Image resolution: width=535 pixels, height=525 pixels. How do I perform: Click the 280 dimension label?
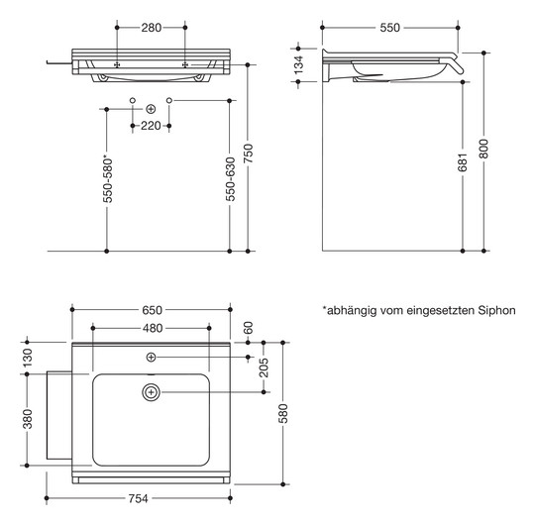[x=151, y=28]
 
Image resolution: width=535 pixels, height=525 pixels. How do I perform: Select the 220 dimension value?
[x=151, y=126]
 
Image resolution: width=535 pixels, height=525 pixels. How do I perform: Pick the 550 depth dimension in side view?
[x=388, y=28]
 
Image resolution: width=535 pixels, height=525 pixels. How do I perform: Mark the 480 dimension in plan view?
[x=151, y=328]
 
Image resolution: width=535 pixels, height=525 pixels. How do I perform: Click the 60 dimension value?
[x=248, y=328]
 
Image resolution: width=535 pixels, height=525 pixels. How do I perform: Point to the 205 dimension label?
[x=264, y=367]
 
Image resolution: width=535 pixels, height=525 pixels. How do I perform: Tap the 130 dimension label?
[x=27, y=356]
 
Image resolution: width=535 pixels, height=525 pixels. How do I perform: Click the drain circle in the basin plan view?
[x=152, y=391]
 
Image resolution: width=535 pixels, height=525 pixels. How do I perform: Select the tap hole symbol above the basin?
[x=152, y=356]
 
